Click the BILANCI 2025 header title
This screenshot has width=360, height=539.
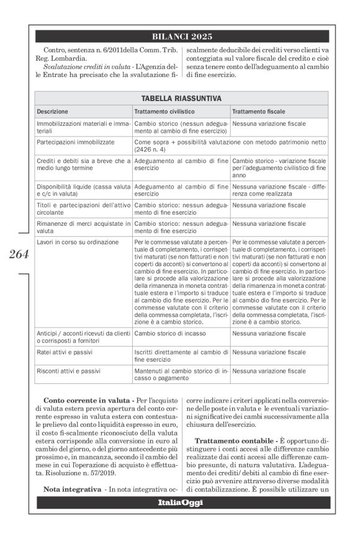(x=182, y=37)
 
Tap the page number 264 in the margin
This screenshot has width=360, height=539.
(x=19, y=254)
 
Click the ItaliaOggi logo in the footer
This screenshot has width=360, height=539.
(x=182, y=502)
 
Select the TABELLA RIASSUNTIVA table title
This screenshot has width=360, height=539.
(x=181, y=98)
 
